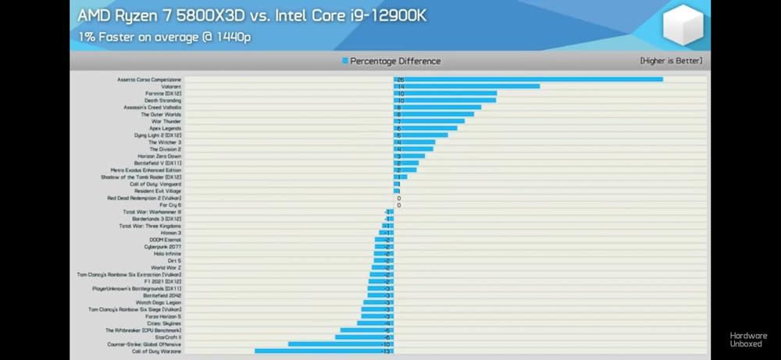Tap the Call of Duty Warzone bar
[x=324, y=351]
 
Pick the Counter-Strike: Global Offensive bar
[x=341, y=344]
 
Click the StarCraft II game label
[x=168, y=337]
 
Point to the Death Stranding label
[x=162, y=101]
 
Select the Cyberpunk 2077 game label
[x=162, y=247]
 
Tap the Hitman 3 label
[x=170, y=233]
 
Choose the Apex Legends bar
[x=426, y=129]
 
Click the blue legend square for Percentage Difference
[x=344, y=61]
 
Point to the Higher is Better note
[x=671, y=61]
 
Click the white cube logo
[x=683, y=26]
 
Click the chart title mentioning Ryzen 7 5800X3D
[x=251, y=16]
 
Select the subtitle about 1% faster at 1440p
[x=164, y=36]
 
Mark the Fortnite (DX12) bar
[x=445, y=94]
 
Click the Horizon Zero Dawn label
[x=159, y=156]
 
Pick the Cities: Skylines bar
[x=376, y=323]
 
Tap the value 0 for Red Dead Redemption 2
[x=399, y=198]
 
